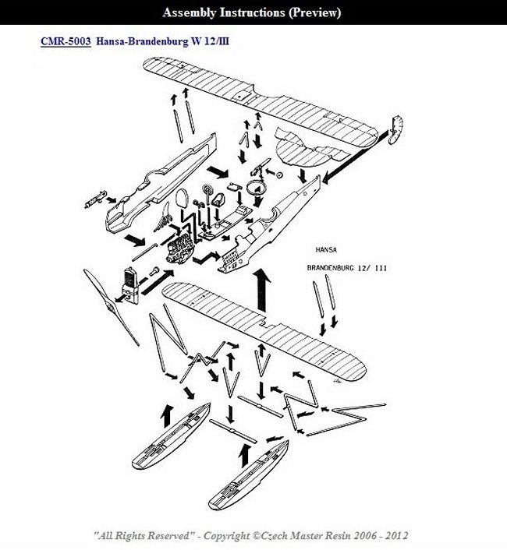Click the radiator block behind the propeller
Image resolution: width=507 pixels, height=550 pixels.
130,281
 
